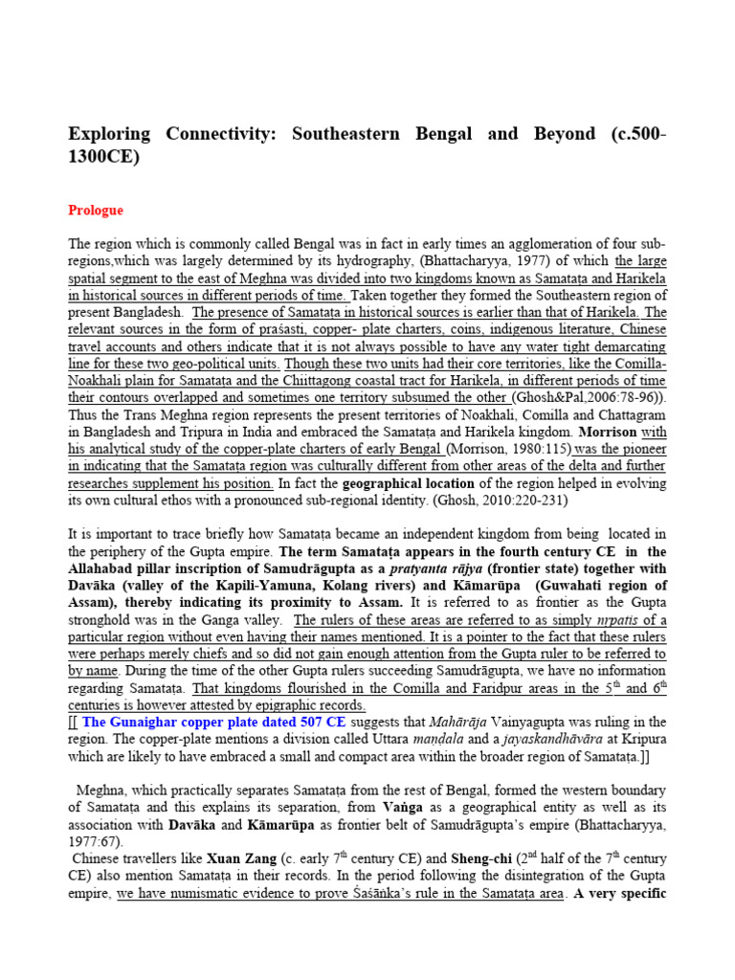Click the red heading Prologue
click(96, 210)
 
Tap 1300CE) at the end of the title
click(104, 157)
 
